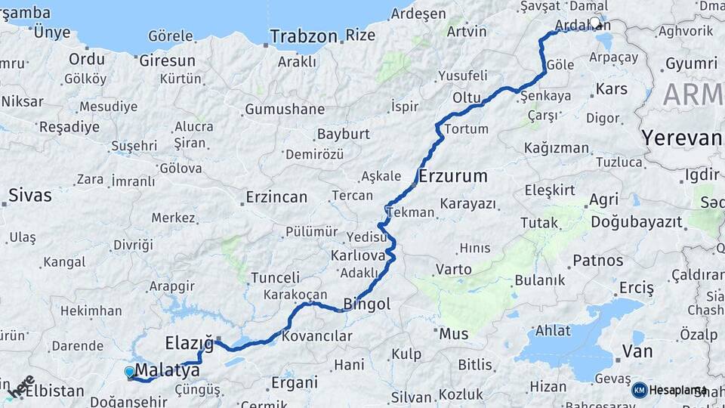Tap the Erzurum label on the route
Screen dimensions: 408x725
click(452, 177)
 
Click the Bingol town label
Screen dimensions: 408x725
click(367, 304)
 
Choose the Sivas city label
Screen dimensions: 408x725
click(30, 196)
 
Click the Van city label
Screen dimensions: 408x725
click(637, 351)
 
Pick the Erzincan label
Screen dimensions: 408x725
click(276, 197)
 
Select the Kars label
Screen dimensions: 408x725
click(612, 89)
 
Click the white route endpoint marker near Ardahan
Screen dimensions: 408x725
click(596, 23)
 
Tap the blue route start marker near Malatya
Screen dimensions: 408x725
click(129, 371)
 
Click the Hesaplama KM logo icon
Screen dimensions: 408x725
click(640, 390)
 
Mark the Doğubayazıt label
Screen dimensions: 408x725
click(636, 222)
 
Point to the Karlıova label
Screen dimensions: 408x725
click(358, 255)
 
